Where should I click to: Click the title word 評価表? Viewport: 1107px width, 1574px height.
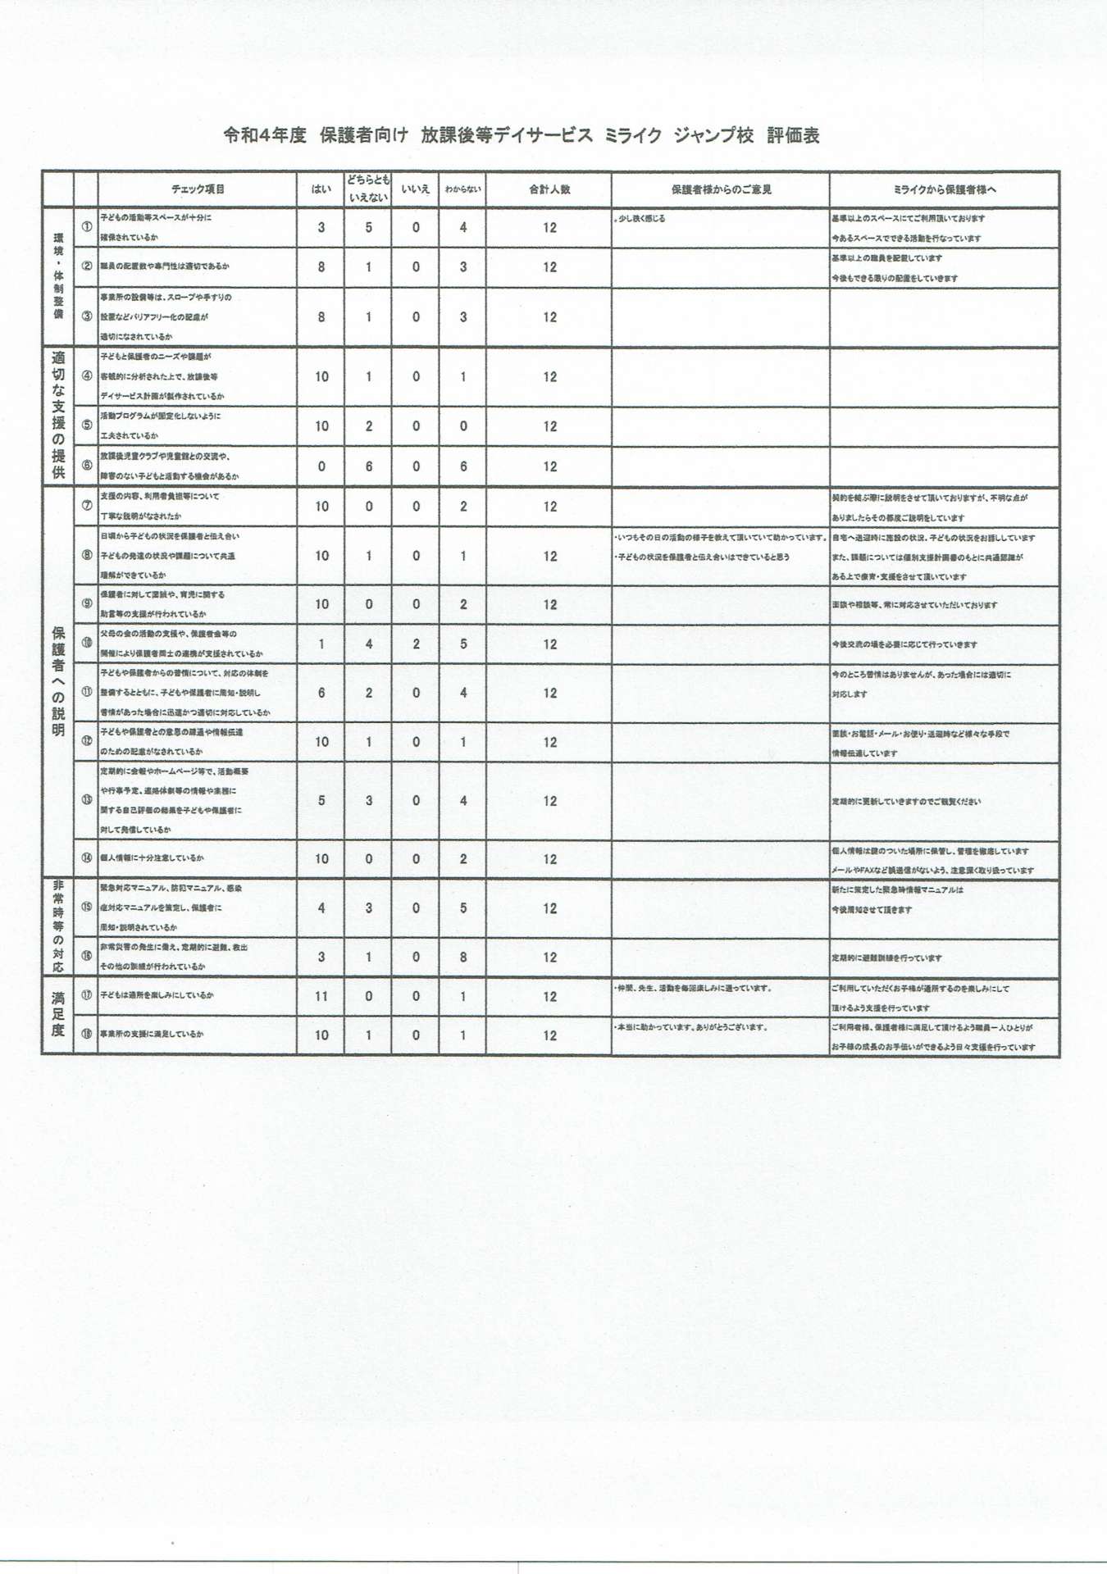793,136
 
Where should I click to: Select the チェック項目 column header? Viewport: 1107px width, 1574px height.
198,189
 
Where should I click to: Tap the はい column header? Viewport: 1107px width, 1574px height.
321,189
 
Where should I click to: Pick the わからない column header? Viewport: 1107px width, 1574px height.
462,189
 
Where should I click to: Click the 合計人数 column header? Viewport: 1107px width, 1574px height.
549,189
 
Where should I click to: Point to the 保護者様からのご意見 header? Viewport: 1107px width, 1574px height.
721,189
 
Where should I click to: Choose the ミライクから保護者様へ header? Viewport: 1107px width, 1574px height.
944,189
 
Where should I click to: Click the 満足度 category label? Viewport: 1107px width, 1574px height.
57,1015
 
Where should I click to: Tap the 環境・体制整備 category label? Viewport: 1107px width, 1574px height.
57,276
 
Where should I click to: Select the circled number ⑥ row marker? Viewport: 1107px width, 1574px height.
86,465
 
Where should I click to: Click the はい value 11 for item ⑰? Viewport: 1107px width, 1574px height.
321,996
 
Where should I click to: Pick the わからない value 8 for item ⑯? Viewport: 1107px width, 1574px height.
463,957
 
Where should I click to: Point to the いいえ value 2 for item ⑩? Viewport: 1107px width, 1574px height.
416,644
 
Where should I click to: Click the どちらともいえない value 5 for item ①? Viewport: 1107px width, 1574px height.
368,228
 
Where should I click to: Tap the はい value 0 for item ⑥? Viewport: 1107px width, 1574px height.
321,466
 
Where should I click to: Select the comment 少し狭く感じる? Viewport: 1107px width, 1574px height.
641,219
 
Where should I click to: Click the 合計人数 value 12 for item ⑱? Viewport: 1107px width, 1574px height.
549,1035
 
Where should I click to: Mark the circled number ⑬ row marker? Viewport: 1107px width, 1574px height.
86,799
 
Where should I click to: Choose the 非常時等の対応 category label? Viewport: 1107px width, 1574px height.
57,927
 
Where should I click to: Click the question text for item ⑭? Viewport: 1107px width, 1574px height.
153,858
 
